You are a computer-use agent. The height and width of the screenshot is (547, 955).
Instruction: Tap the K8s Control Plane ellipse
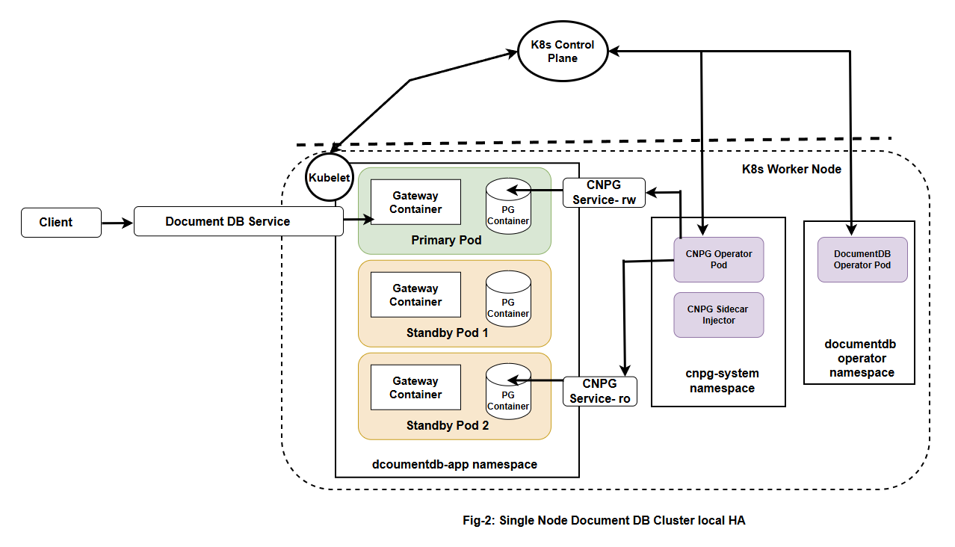click(x=563, y=52)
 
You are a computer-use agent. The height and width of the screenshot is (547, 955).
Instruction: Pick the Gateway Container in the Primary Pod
click(x=415, y=203)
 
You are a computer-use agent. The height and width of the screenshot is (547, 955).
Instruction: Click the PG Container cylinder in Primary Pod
click(x=508, y=205)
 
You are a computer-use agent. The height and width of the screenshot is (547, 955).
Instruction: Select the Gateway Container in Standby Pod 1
click(x=415, y=295)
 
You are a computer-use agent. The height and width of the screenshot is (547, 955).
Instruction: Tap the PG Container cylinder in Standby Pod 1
click(x=508, y=298)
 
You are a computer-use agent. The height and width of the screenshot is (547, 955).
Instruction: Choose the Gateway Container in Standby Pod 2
click(x=415, y=388)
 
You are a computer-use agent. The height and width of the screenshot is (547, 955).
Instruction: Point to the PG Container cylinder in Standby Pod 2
click(x=508, y=391)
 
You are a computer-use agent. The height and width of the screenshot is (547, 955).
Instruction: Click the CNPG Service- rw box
click(x=603, y=193)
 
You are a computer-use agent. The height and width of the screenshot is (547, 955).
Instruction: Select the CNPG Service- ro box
click(x=600, y=392)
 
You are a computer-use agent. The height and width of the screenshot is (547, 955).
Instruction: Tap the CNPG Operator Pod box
click(x=719, y=259)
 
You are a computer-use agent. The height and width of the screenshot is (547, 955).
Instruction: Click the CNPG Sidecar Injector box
click(x=719, y=315)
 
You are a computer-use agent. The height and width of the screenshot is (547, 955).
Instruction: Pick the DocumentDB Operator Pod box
click(x=862, y=259)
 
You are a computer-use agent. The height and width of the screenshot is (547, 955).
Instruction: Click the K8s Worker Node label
click(x=791, y=170)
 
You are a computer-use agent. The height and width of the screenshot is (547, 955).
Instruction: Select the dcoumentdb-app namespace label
click(x=454, y=464)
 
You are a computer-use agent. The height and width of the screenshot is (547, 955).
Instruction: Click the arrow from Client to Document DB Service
click(x=117, y=222)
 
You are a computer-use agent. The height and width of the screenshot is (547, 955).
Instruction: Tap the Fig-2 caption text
click(x=604, y=521)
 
